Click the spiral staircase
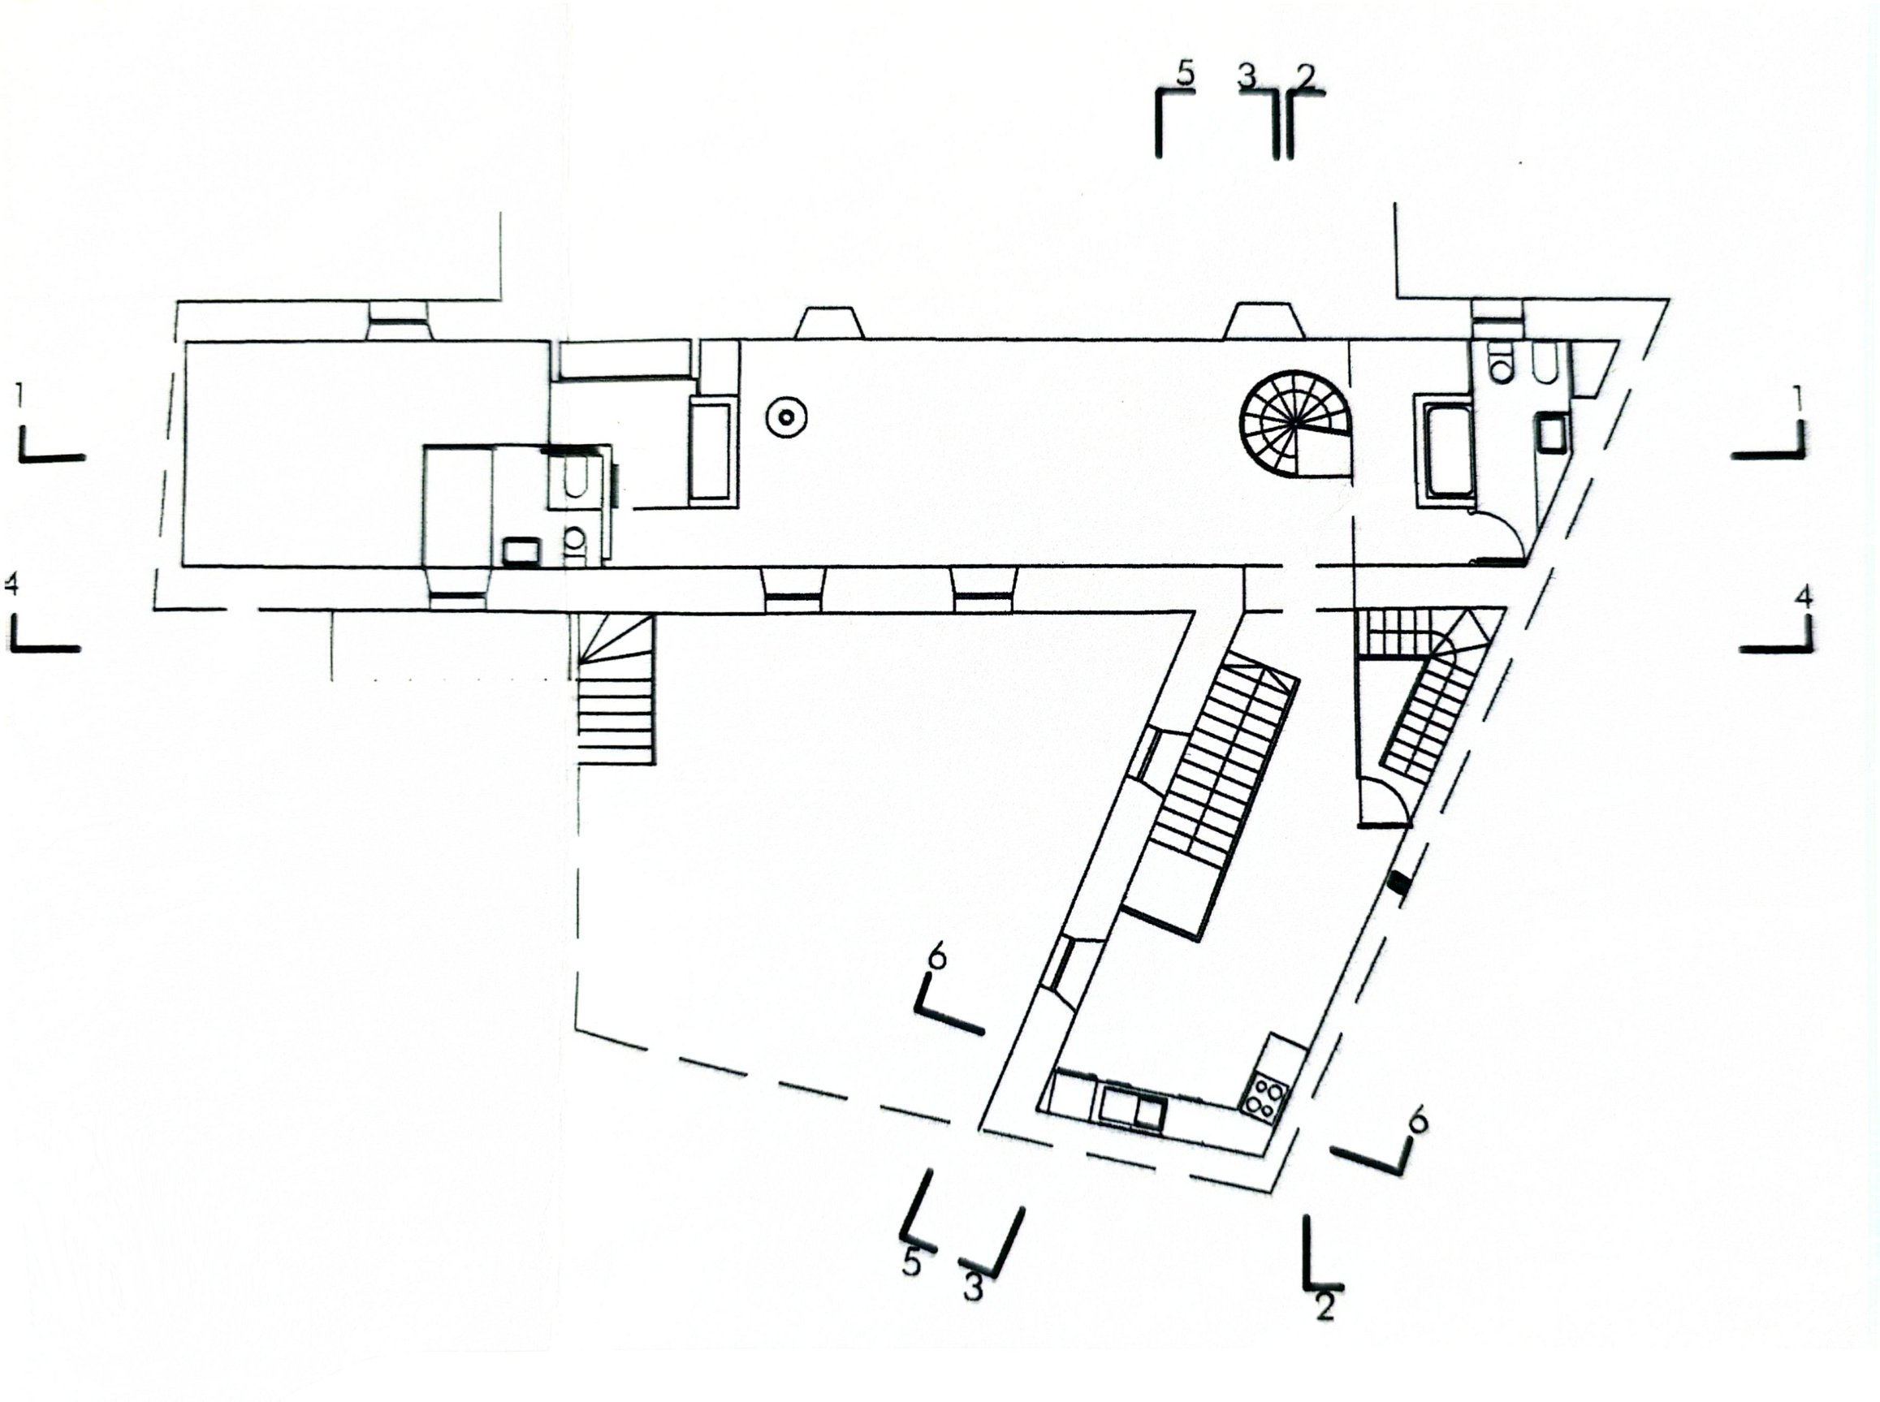pos(1295,425)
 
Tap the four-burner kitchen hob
pos(1264,1096)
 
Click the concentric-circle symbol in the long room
pos(786,416)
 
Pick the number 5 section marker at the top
pos(1186,75)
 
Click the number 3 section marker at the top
pos(1246,77)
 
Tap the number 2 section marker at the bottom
pos(1325,1305)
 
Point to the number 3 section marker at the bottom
pos(973,1289)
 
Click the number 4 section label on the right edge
pos(1804,597)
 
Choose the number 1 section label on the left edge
pos(19,395)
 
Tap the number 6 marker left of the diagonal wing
pos(936,956)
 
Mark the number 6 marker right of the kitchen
pos(1417,1121)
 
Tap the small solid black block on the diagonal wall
pos(1398,883)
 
